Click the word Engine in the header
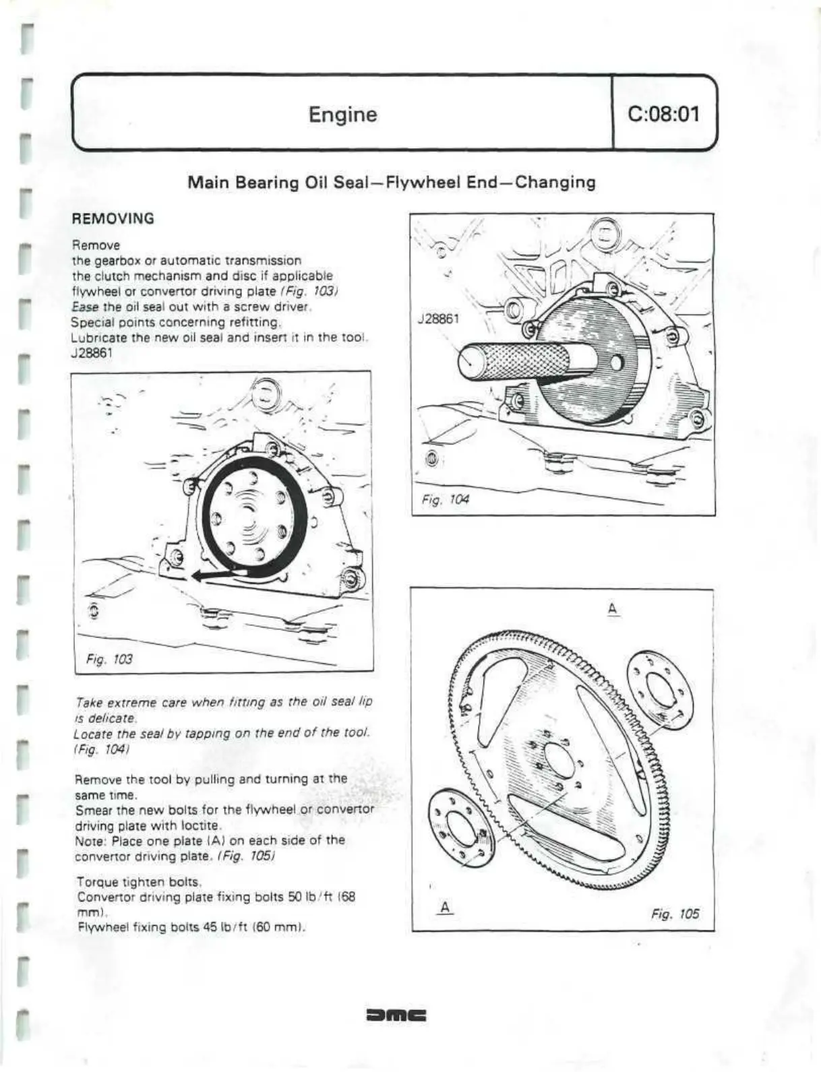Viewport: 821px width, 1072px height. click(342, 114)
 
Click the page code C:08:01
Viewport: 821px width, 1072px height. click(663, 113)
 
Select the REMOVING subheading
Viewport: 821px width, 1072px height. click(113, 218)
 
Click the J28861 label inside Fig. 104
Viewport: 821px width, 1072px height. click(439, 319)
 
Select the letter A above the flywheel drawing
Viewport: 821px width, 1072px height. click(612, 609)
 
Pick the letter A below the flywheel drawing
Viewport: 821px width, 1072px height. click(444, 907)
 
